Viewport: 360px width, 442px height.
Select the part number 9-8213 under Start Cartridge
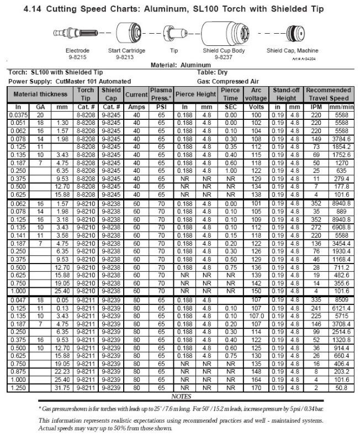pyautogui.click(x=126, y=56)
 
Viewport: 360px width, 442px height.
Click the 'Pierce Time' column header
pyautogui.click(x=230, y=94)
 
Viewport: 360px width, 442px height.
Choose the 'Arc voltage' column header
pyautogui.click(x=256, y=94)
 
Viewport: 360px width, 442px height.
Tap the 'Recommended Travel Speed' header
pyautogui.click(x=329, y=94)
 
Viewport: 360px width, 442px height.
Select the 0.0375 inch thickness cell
pyautogui.click(x=18, y=114)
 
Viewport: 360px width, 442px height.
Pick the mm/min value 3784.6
pyautogui.click(x=342, y=140)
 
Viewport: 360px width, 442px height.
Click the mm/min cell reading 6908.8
pyautogui.click(x=342, y=227)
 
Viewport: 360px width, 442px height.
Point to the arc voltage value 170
pyautogui.click(x=256, y=388)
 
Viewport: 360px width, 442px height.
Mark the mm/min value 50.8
pyautogui.click(x=342, y=388)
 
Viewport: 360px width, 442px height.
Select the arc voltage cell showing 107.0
pyautogui.click(x=256, y=317)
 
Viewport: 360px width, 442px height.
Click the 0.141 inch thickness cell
pyautogui.click(x=18, y=235)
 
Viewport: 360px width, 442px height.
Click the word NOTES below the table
pyautogui.click(x=181, y=396)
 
